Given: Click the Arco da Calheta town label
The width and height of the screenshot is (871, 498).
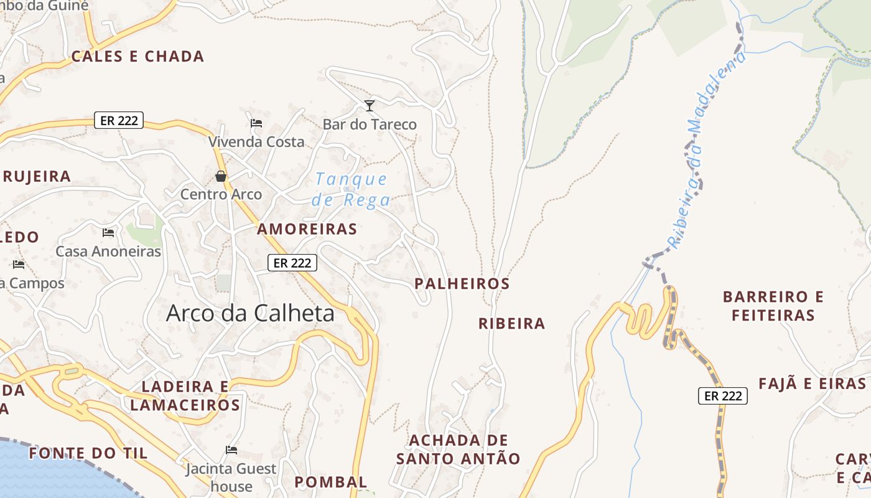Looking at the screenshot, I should [x=250, y=313].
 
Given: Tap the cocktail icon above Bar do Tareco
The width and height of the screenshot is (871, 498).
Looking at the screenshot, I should [x=370, y=106].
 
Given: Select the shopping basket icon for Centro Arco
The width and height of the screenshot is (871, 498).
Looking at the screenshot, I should [x=220, y=176].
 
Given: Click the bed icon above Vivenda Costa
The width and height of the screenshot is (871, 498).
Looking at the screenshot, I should [x=256, y=123].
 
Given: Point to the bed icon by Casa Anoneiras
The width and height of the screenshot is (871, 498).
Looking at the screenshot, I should [x=108, y=233].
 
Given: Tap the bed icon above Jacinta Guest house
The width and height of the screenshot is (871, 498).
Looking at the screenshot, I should [x=231, y=449].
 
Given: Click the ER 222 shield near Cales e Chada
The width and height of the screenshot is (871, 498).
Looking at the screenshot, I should [x=119, y=120].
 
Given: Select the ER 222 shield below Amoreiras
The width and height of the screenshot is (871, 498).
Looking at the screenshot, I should [x=292, y=263].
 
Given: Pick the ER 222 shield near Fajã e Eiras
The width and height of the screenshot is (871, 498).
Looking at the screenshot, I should [x=722, y=395].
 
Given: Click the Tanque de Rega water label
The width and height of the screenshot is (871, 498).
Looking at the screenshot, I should [x=352, y=190].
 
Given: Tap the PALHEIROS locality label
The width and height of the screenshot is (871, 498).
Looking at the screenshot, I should [x=462, y=284].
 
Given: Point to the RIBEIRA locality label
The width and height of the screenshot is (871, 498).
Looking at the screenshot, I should [x=511, y=324].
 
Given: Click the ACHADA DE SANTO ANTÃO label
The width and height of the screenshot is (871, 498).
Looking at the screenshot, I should [x=458, y=449].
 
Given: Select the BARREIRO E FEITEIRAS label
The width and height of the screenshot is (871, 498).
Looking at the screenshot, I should [x=773, y=306].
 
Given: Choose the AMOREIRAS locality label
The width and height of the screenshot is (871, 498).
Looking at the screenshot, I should [x=307, y=229].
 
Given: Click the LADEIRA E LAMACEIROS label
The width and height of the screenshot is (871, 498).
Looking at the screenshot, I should [x=185, y=396].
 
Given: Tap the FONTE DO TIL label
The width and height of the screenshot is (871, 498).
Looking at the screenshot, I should [x=88, y=453].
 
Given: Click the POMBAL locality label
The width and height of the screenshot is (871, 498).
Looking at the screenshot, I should [x=331, y=482].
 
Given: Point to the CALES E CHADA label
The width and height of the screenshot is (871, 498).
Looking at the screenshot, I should [x=137, y=57].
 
